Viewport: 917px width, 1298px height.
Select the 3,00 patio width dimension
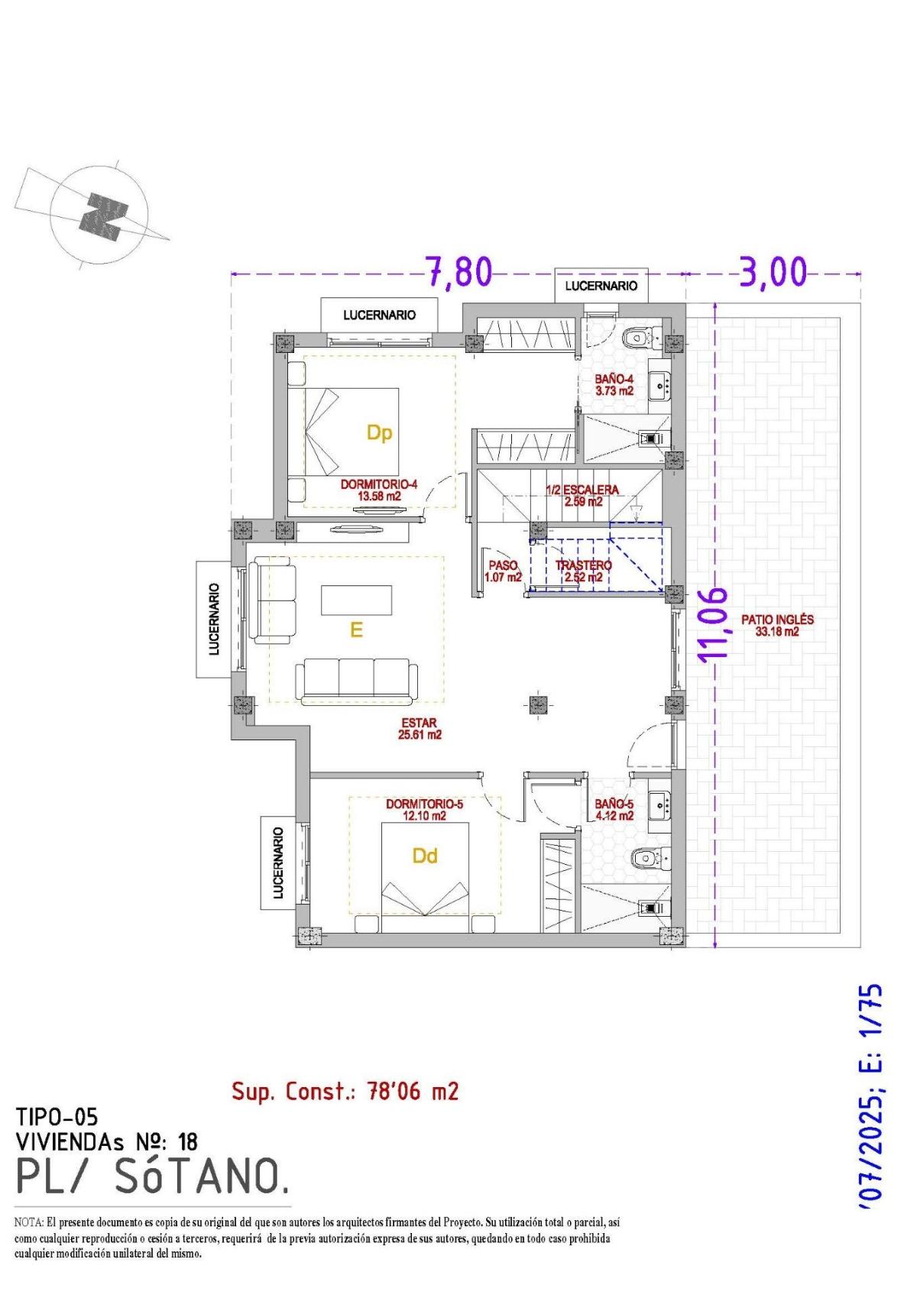click(773, 272)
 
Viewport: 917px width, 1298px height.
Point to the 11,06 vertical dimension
click(715, 623)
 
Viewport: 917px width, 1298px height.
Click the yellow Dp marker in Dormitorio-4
click(379, 433)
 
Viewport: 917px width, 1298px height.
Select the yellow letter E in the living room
click(355, 630)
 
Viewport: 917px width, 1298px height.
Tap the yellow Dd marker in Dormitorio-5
click(424, 856)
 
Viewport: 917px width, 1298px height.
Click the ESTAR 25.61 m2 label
click(420, 729)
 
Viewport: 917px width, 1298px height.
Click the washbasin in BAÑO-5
click(659, 803)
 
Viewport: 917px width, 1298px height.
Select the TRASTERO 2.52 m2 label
click(583, 571)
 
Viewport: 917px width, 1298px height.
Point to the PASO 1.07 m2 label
click(503, 571)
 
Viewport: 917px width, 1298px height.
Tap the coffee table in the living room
click(357, 600)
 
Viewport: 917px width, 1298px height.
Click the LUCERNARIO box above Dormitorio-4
click(379, 315)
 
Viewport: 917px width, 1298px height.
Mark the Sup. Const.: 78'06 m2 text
click(345, 1091)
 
